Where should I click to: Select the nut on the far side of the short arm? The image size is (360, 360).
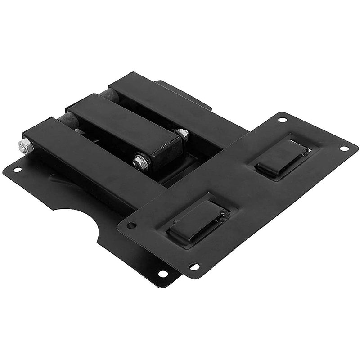(182, 133)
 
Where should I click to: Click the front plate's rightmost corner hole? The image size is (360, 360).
(343, 148)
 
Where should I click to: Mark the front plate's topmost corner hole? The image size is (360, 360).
(282, 120)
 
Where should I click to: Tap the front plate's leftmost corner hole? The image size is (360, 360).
(131, 225)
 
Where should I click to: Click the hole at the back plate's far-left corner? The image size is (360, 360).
(17, 170)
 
